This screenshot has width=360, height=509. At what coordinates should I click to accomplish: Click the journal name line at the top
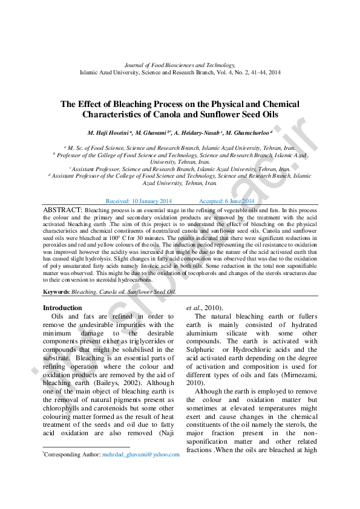(180, 65)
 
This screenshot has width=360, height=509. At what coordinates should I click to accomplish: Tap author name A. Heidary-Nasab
(197, 132)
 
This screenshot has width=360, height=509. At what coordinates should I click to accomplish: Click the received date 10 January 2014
(152, 201)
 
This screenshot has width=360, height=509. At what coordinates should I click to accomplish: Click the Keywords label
(56, 291)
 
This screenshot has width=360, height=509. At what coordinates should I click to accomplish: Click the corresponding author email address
(140, 454)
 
